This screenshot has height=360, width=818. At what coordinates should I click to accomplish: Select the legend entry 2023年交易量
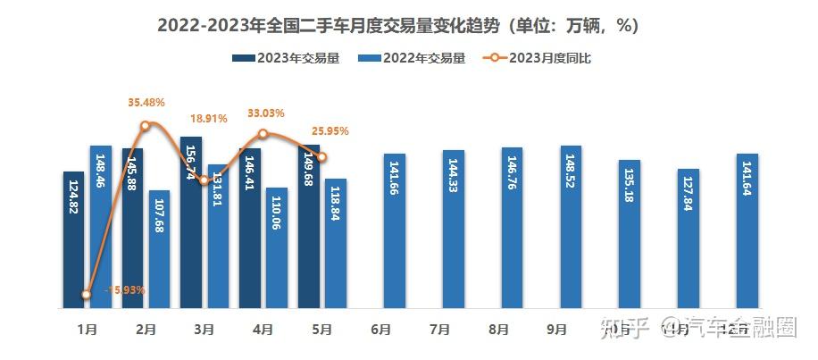coord(288,59)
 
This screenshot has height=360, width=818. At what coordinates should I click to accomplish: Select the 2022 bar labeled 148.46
coord(101,227)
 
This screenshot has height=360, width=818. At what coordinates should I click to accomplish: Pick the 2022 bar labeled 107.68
coord(160,249)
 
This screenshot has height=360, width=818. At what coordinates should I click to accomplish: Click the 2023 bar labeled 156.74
coord(191,222)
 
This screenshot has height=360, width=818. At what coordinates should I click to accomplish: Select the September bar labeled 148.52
coord(571,227)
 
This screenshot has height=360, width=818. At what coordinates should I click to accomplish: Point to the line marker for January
coord(87,294)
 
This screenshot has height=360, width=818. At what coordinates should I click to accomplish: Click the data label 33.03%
coord(264,113)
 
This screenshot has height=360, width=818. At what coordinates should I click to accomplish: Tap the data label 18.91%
coord(209,118)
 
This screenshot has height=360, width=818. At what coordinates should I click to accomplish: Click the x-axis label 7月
coord(438,330)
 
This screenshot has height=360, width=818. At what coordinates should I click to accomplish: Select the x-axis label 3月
coord(204,330)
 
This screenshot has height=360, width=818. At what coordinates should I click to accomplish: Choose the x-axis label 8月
coord(497,330)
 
